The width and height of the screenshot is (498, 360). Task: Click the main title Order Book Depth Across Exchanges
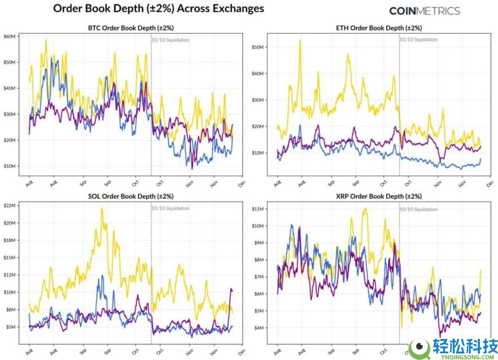[158, 9]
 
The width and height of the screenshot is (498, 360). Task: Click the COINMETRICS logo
[425, 11]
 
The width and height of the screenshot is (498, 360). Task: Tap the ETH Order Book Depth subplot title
[380, 28]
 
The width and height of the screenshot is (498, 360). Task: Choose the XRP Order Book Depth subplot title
[380, 196]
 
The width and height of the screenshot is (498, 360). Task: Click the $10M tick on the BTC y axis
[10, 166]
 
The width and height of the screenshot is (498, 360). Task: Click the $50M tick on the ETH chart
[257, 47]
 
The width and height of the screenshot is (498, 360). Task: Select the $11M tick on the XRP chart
[257, 209]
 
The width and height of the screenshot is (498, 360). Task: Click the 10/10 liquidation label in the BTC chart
[170, 40]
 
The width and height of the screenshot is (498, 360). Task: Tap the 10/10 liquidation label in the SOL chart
[170, 208]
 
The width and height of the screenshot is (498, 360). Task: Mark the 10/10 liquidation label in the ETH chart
[418, 40]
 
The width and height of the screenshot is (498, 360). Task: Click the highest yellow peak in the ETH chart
[300, 40]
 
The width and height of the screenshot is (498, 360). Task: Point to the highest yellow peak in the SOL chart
[102, 209]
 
